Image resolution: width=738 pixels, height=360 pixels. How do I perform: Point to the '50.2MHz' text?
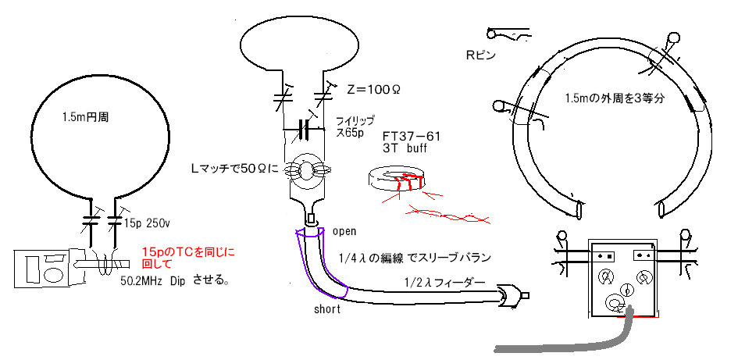[144, 279]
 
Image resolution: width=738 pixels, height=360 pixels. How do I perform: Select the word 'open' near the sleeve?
[344, 232]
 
